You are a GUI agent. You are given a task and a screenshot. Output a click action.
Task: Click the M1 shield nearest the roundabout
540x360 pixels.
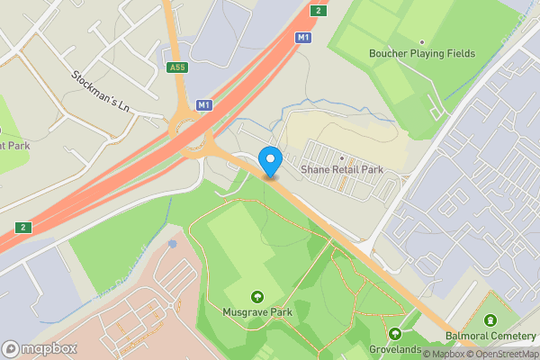[204, 105]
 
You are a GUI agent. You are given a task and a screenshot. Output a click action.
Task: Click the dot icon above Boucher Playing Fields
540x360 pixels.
[423, 40]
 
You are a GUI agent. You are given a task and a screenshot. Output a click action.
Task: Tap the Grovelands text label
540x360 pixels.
[395, 349]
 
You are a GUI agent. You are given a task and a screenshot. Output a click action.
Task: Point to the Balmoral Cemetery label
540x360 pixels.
[490, 337]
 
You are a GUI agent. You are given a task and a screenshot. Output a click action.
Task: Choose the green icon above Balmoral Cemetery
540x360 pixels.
[490, 321]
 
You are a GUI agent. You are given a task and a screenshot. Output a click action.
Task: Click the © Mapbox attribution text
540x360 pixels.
[444, 354]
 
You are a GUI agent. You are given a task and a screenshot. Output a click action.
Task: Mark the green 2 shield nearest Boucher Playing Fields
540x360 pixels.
[318, 10]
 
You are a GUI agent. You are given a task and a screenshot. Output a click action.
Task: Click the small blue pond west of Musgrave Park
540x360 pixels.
[173, 244]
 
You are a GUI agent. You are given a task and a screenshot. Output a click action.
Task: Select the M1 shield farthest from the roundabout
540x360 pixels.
[303, 38]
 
